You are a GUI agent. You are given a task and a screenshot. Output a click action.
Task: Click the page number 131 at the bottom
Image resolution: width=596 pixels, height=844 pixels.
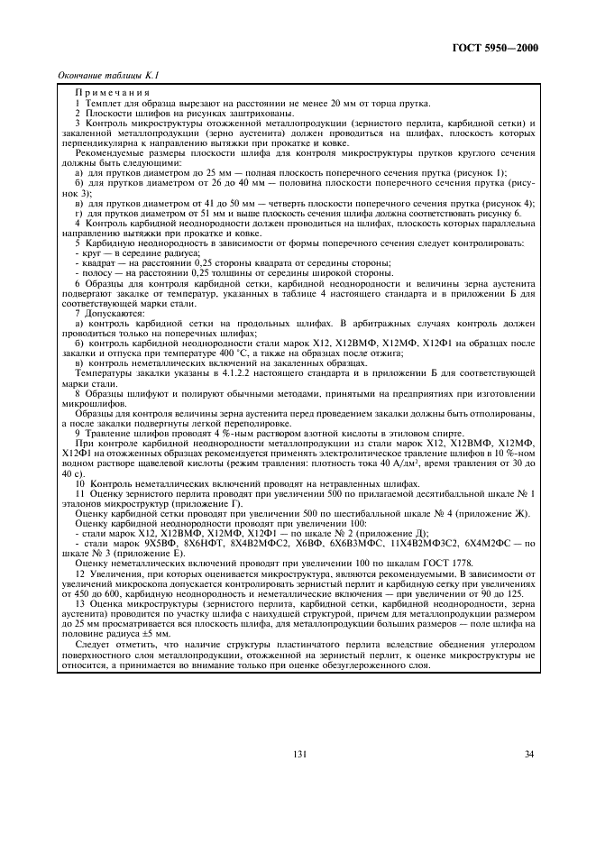coord(298,755)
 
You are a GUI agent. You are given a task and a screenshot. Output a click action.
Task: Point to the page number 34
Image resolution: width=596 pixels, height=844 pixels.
coord(528,755)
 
